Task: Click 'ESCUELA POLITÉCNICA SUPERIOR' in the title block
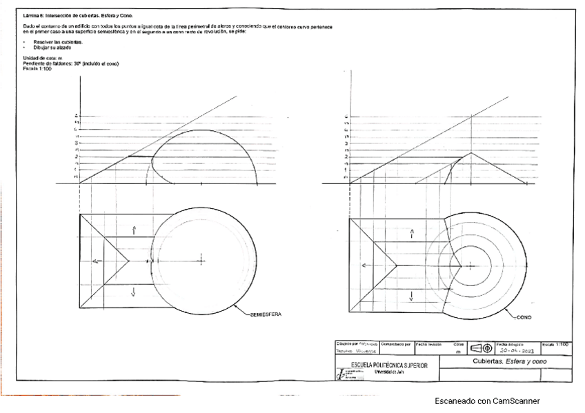pyautogui.click(x=389, y=365)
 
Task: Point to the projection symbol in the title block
pyautogui.click(x=481, y=347)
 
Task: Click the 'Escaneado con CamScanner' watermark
pyautogui.click(x=487, y=401)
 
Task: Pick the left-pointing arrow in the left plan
pyautogui.click(x=97, y=261)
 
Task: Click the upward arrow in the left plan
pyautogui.click(x=135, y=229)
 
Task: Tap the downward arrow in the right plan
pyautogui.click(x=411, y=296)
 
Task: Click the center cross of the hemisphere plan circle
pyautogui.click(x=201, y=260)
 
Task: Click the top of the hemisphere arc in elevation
pyautogui.click(x=201, y=130)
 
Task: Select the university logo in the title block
pyautogui.click(x=341, y=374)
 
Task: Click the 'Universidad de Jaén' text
pyautogui.click(x=388, y=372)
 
